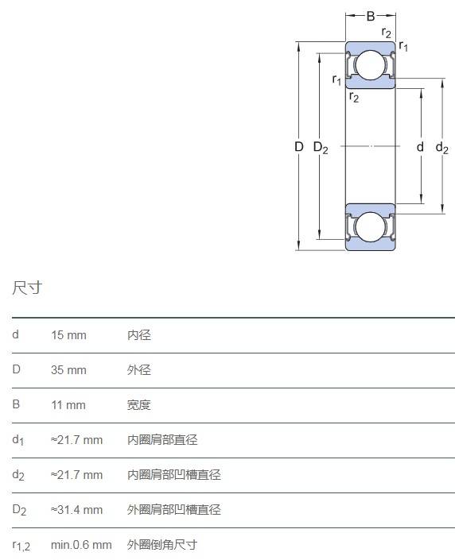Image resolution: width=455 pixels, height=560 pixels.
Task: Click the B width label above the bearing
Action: [371, 16]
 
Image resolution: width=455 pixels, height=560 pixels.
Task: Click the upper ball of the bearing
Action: [371, 65]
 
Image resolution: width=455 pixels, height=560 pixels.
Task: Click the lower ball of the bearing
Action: [371, 227]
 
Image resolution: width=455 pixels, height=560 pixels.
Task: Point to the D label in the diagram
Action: [298, 146]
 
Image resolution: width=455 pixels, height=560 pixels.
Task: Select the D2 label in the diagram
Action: [321, 148]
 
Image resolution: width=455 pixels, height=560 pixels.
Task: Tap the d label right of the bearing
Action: [420, 146]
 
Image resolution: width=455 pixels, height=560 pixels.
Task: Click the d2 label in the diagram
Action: [441, 148]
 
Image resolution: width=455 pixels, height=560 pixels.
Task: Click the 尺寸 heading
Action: [27, 288]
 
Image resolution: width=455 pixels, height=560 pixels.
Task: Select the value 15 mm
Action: [68, 335]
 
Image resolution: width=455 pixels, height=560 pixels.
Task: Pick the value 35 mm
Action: [68, 370]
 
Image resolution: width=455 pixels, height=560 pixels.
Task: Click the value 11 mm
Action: [68, 405]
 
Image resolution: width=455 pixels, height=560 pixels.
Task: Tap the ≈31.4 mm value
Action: [76, 510]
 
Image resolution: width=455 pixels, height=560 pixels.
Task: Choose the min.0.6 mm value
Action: [81, 545]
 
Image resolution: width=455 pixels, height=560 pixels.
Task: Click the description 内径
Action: [139, 335]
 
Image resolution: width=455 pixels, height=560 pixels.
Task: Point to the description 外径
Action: [139, 370]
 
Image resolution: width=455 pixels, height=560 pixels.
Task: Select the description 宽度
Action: [139, 405]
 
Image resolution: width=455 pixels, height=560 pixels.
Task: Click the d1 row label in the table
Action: [17, 440]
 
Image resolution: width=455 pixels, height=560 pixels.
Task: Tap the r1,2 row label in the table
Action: [21, 546]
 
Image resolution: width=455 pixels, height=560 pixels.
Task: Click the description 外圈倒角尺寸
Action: [162, 545]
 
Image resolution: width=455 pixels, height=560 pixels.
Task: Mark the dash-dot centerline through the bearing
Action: [370, 146]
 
